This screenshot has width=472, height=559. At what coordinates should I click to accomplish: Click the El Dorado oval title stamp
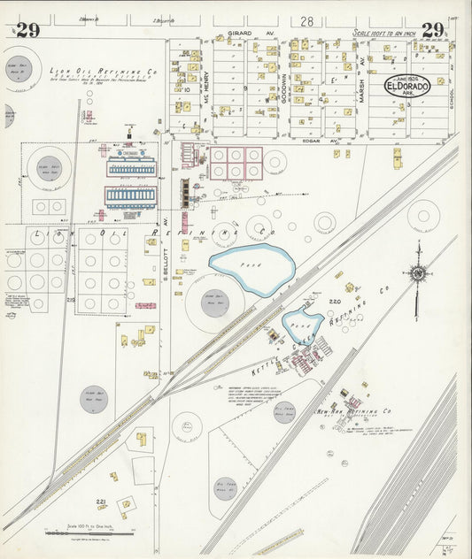click(x=406, y=87)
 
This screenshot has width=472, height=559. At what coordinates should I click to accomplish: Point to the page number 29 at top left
click(x=27, y=31)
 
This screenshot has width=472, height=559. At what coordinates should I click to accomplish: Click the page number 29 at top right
click(x=432, y=30)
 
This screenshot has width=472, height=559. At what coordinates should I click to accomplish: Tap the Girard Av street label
click(x=241, y=33)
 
